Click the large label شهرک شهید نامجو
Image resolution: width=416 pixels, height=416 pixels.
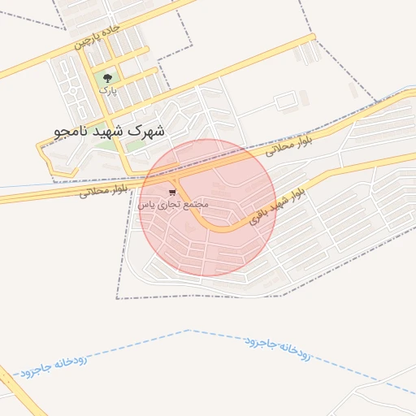109,130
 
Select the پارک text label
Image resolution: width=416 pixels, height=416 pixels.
108,91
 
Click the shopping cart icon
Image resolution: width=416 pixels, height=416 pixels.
171,193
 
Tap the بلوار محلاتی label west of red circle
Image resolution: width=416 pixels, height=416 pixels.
103,191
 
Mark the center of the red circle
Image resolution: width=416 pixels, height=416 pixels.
208,208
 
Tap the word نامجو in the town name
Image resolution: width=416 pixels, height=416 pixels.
71,130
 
